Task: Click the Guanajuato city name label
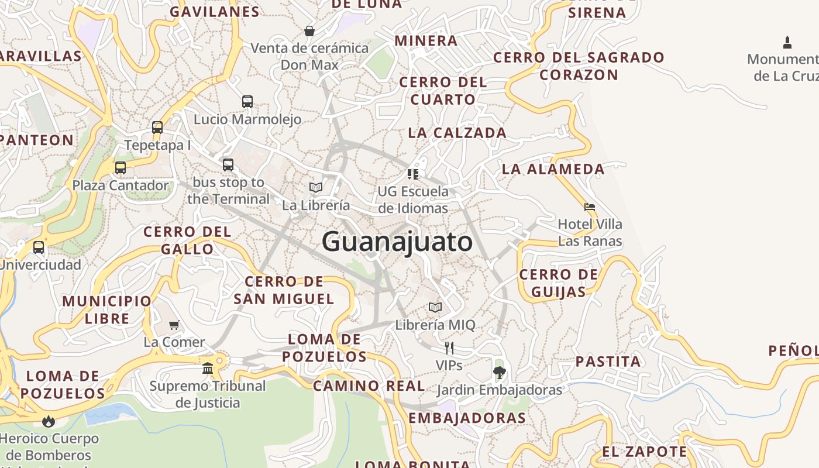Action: [x=397, y=242]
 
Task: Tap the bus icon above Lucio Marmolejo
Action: [x=247, y=102]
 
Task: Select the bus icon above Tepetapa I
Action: [x=157, y=128]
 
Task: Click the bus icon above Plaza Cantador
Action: [x=121, y=168]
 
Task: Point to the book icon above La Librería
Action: [x=316, y=188]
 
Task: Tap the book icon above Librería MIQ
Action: [x=435, y=307]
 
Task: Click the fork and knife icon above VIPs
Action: [x=449, y=348]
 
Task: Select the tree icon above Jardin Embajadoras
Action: [x=499, y=372]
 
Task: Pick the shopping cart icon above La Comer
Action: [x=174, y=325]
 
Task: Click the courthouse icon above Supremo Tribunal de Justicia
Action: [x=208, y=368]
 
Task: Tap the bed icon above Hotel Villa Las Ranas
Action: [x=590, y=207]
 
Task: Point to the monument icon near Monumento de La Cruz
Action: [x=787, y=42]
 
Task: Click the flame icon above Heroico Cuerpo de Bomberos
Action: [x=48, y=421]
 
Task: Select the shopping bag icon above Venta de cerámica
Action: [x=309, y=30]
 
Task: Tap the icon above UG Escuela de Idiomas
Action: [x=413, y=174]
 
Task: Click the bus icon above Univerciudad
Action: [x=39, y=247]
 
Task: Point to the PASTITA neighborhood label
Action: [x=608, y=362]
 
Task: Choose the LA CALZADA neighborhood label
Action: [x=457, y=133]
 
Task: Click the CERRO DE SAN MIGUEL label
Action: [x=284, y=290]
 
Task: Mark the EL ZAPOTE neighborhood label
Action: [x=645, y=452]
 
